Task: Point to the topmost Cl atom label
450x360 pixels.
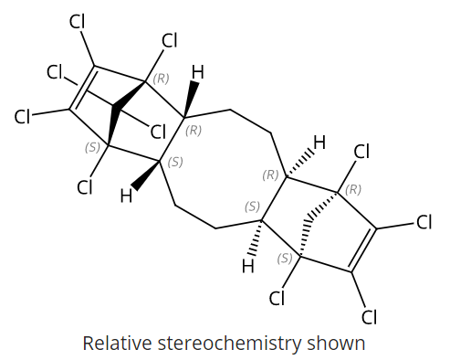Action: tap(78, 23)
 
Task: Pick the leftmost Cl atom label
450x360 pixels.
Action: tap(24, 116)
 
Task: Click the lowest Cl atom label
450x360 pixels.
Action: tap(369, 317)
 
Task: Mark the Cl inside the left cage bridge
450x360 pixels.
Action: tap(157, 131)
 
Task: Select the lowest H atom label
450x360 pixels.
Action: tap(247, 267)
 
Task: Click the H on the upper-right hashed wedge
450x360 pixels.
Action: tap(319, 143)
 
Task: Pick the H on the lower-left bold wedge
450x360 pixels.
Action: tap(128, 194)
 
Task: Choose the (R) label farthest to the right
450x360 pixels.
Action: tap(353, 189)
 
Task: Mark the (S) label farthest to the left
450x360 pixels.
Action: tap(92, 146)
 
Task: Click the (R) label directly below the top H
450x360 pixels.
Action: tap(194, 130)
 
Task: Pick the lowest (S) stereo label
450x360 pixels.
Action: tap(285, 259)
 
